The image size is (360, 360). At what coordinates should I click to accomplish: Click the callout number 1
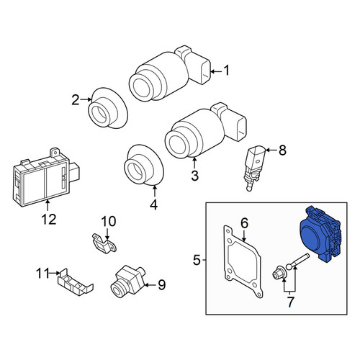(x=226, y=71)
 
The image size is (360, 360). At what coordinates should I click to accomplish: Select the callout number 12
(x=49, y=219)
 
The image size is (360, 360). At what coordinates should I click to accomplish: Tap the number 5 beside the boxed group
(x=197, y=260)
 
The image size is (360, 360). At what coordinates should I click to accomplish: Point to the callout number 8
(x=282, y=150)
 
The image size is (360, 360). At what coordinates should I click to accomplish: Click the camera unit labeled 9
(x=127, y=281)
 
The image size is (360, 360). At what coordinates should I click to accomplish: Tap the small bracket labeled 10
(x=104, y=243)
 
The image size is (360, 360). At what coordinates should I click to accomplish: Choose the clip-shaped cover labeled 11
(x=74, y=283)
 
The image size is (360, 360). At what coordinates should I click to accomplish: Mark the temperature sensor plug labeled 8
(x=254, y=168)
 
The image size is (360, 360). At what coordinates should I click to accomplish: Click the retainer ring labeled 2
(x=108, y=108)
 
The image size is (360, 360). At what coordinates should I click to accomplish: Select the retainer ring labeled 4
(x=144, y=165)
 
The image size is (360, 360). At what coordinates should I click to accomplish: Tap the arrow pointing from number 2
(x=86, y=99)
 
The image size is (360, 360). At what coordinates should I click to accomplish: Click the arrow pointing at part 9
(x=150, y=285)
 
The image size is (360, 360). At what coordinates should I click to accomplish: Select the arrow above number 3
(x=194, y=162)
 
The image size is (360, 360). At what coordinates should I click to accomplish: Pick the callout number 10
(x=109, y=221)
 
